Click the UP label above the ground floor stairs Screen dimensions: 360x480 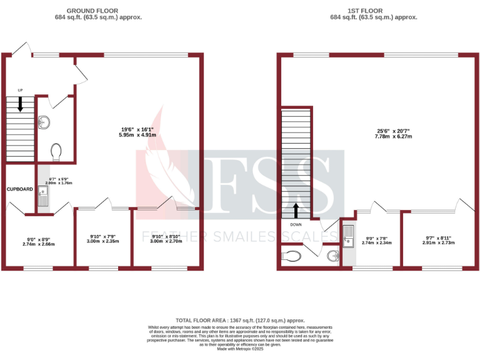[x=20, y=90]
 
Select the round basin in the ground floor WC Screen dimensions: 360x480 [x=44, y=122]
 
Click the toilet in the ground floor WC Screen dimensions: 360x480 [x=56, y=151]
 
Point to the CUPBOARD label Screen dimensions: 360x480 [x=19, y=189]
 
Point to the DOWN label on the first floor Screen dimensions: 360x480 [x=296, y=224]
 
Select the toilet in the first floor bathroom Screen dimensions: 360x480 [x=292, y=255]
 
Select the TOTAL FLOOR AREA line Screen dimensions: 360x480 [x=239, y=320]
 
